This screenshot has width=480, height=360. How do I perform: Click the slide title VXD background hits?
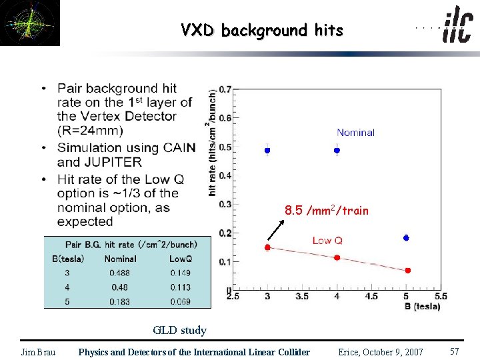coord(261,30)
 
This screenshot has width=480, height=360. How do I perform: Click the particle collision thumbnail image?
coord(30,23)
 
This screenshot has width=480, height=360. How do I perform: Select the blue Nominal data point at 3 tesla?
coord(267,150)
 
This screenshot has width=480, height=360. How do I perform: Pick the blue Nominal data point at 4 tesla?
coord(337,150)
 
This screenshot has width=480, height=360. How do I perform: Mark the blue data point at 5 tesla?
coord(406,237)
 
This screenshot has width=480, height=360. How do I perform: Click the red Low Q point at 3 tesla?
coord(267,247)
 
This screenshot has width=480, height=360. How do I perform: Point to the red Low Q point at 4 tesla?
coord(337,257)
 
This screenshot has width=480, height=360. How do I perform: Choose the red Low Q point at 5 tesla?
coord(407,270)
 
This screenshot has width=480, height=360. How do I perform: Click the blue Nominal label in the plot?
coord(355,133)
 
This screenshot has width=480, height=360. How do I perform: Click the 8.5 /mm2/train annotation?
coord(326,211)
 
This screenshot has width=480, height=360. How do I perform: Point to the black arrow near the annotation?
coord(275,229)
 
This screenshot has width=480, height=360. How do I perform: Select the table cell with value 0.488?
coord(121,273)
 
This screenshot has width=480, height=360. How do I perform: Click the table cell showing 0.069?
coord(180,302)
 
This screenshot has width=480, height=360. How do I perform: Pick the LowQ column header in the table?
coord(180,259)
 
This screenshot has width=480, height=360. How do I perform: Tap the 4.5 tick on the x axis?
coord(371,296)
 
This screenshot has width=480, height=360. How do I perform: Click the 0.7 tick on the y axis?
coord(225,89)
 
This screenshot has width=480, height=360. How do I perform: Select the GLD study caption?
coord(179,330)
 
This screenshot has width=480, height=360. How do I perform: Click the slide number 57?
coord(455,351)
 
